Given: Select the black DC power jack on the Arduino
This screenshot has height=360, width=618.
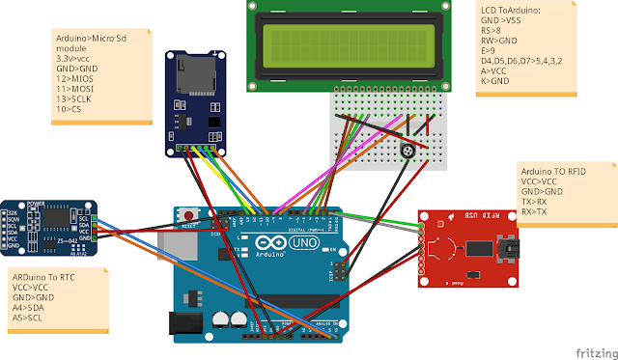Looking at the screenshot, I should [185, 323].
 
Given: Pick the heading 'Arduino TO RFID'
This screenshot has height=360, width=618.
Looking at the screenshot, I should [554, 169].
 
